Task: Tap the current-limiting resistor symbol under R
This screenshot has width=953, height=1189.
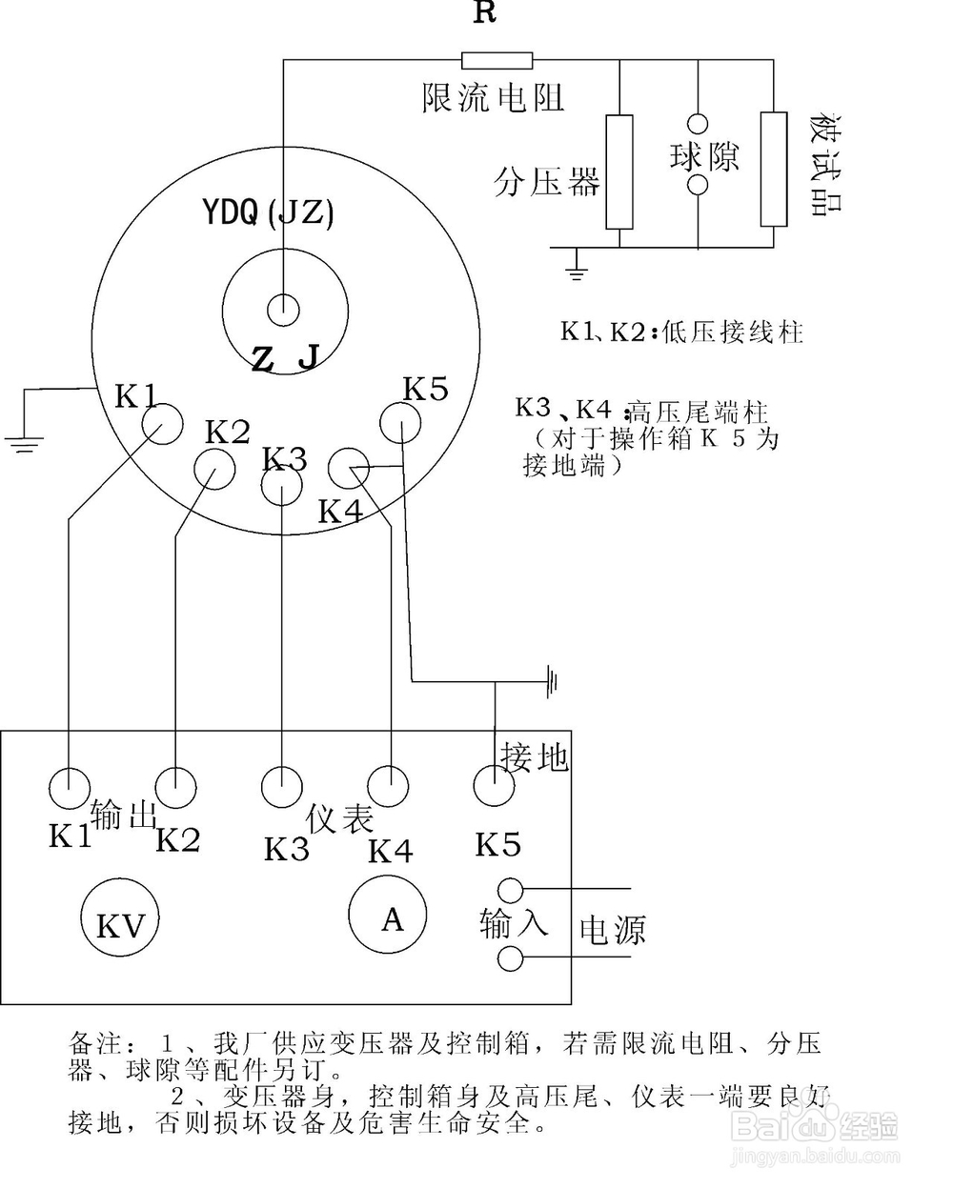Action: (497, 61)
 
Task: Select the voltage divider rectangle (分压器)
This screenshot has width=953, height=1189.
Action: (619, 171)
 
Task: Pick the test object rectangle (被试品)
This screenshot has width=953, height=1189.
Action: (774, 169)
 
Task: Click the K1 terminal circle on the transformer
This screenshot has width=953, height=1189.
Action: (161, 423)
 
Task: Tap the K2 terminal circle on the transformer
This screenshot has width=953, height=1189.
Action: (213, 468)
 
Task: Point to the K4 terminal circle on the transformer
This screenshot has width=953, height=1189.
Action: (348, 469)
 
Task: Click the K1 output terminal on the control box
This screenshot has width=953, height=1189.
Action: (69, 788)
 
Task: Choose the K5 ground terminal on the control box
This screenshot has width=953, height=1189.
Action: (494, 787)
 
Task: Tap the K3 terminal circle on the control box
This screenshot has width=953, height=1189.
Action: (282, 787)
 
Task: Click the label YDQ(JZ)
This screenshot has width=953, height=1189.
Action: (269, 212)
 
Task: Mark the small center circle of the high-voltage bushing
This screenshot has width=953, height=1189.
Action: (283, 309)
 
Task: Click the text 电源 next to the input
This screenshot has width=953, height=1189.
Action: (613, 930)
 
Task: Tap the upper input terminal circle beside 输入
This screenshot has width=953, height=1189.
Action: (511, 891)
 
